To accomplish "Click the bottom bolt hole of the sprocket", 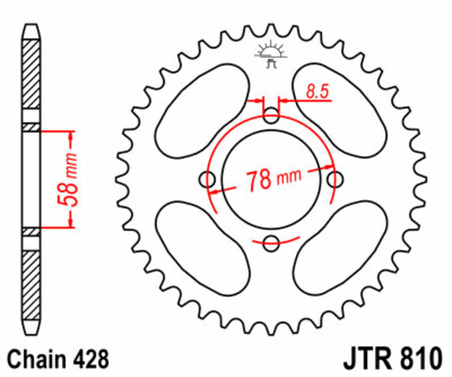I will (272, 245).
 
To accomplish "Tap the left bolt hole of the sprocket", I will (209, 181).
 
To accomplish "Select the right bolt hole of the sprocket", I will (335, 179).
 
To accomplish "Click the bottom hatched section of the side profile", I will (32, 283).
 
